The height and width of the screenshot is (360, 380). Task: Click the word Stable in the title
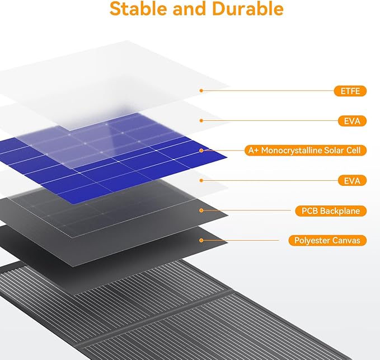coord(137,10)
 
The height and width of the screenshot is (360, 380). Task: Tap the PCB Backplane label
coord(331,211)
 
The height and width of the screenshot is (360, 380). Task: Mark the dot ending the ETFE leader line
coord(201,90)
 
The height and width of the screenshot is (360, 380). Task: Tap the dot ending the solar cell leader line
coord(201,151)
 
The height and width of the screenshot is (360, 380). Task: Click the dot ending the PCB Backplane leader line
coord(201,211)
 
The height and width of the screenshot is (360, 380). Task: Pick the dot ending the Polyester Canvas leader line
coord(201,240)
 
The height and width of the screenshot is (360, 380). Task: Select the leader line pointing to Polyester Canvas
coord(241,240)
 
